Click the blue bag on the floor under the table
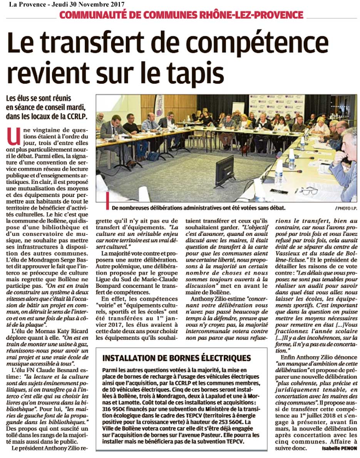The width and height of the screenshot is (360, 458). (x=154, y=156)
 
